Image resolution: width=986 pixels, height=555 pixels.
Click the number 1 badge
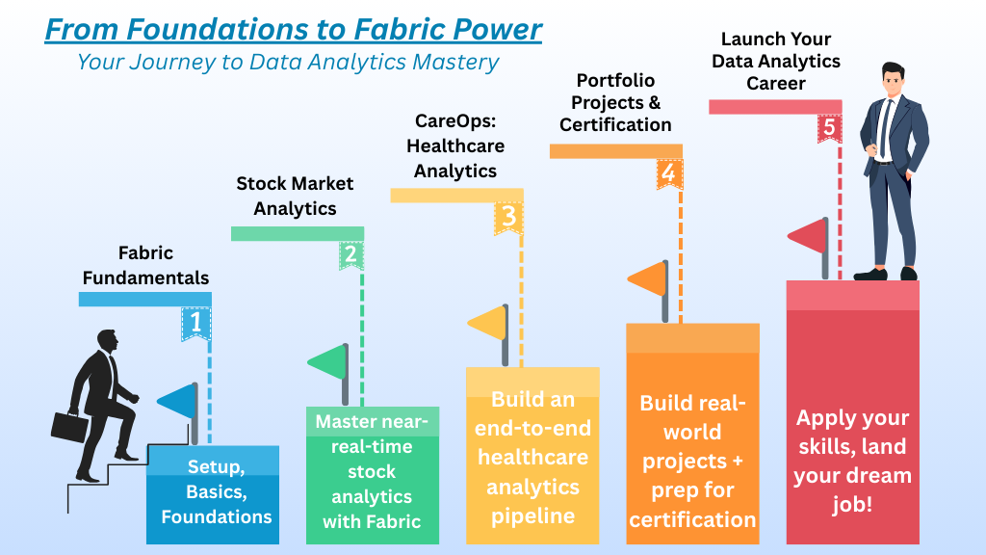(195, 324)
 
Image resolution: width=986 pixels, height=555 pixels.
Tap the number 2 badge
(350, 254)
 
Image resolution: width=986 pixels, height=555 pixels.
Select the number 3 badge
(508, 218)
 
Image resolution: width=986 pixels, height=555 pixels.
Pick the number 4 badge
(668, 173)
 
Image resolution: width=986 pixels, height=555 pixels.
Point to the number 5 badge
(829, 128)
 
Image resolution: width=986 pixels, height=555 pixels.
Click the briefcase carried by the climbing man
(69, 427)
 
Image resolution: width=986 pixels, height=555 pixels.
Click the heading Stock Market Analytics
(295, 196)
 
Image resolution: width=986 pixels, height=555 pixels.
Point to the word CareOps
(455, 120)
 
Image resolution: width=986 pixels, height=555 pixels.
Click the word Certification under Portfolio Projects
(615, 124)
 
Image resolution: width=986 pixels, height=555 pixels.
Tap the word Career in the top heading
(776, 83)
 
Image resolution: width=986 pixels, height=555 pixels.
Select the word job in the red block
(853, 505)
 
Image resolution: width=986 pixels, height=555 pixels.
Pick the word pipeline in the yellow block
(532, 516)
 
